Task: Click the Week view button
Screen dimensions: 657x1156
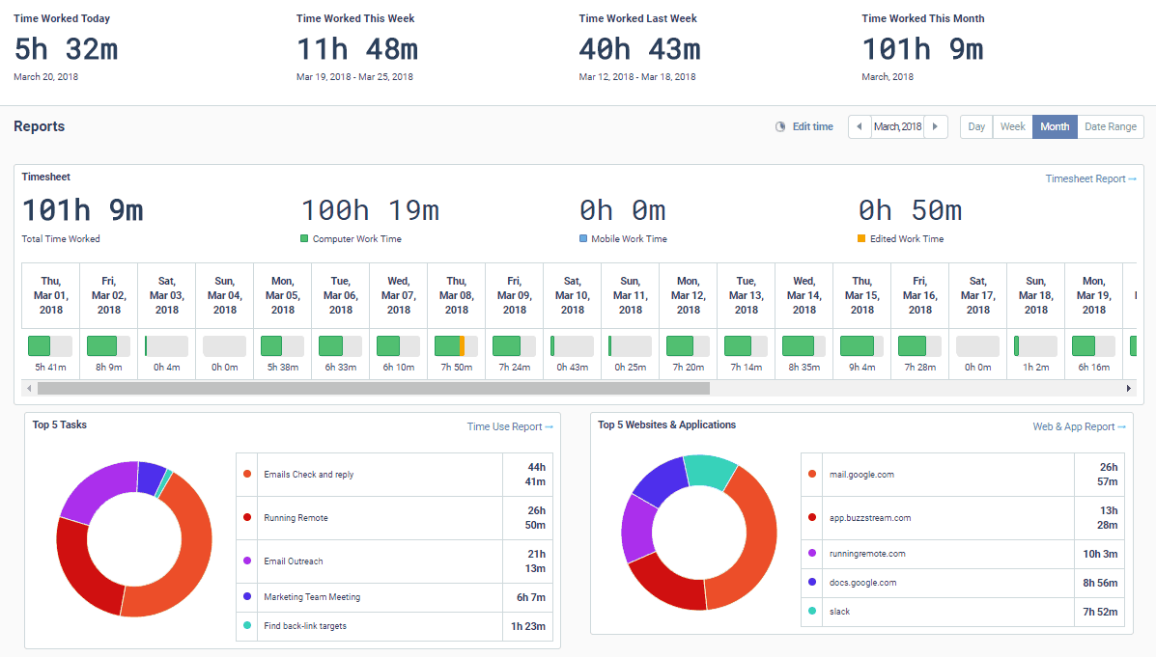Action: point(1012,126)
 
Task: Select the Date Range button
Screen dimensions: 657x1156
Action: point(1110,126)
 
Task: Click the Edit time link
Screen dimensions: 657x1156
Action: point(812,126)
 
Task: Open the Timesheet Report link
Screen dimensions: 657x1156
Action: point(1090,178)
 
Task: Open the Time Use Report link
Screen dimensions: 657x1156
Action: point(510,426)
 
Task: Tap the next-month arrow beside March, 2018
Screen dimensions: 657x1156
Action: point(935,126)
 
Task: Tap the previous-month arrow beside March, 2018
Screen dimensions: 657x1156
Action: point(860,126)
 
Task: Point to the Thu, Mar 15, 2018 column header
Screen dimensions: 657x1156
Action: point(862,296)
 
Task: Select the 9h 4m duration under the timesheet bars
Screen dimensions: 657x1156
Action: point(862,367)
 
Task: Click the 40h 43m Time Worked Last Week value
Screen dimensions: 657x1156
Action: point(639,48)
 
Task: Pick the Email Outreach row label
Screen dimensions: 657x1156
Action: point(294,561)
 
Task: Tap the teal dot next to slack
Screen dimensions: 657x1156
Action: point(811,612)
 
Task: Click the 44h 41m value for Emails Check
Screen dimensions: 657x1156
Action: point(535,474)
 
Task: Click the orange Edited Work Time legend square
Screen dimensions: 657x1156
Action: point(861,238)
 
